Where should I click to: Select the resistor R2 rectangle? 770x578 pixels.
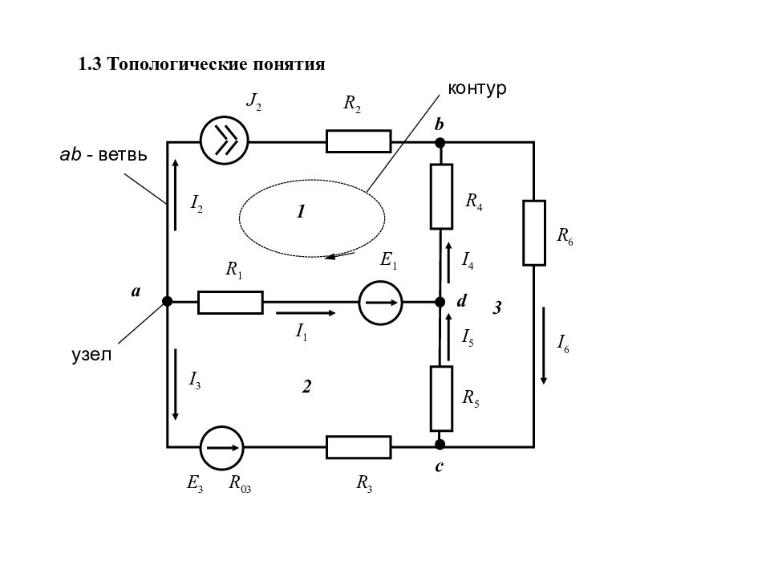[359, 141]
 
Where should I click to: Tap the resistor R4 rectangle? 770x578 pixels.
[441, 197]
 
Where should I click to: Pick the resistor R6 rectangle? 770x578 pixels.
[534, 233]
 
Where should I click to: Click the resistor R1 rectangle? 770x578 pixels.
[230, 303]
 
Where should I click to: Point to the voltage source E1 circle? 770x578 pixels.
[380, 303]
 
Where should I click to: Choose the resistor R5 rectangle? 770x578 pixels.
[441, 399]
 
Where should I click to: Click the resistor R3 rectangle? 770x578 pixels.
[359, 447]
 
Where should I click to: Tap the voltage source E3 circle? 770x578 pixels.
[222, 448]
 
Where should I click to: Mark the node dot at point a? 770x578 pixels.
[168, 301]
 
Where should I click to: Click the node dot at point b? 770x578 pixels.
[440, 143]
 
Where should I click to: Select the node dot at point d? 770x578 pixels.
[440, 302]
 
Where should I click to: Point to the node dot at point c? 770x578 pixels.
[440, 445]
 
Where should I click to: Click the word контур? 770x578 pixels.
[476, 88]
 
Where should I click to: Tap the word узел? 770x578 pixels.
[91, 354]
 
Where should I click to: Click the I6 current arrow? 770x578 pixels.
[544, 345]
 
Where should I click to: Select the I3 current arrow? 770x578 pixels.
[176, 385]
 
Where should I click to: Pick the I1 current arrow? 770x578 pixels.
[306, 313]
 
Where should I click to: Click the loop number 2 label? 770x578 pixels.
[306, 387]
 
